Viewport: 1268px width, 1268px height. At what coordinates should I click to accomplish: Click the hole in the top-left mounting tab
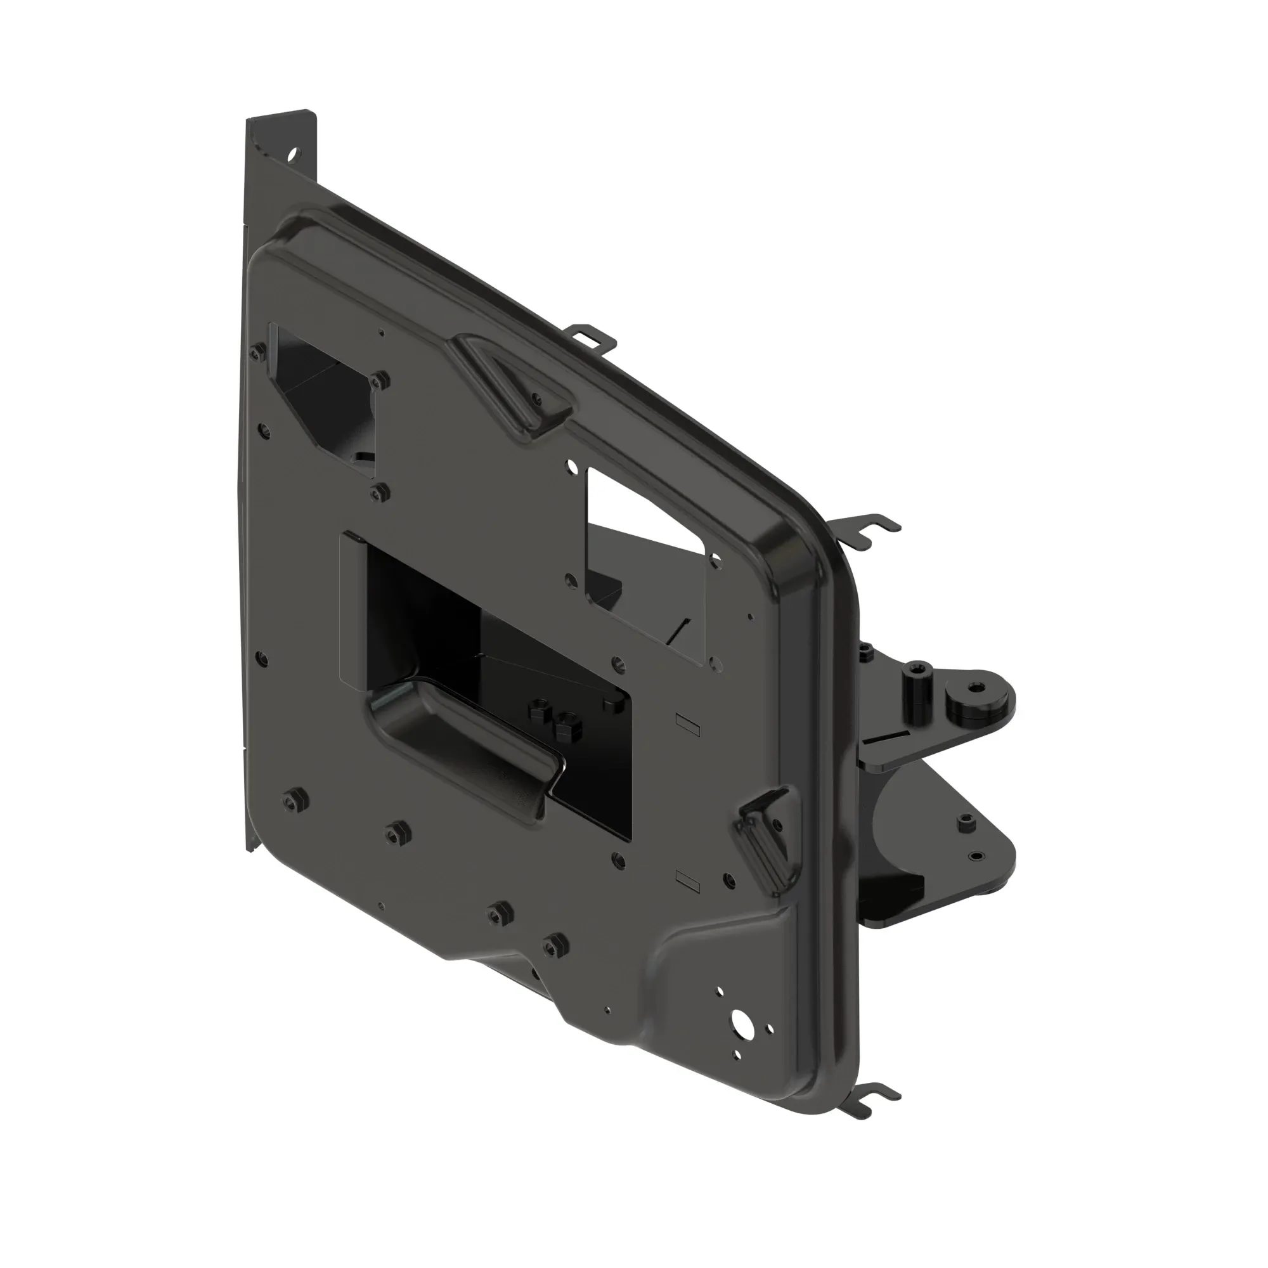coord(293,155)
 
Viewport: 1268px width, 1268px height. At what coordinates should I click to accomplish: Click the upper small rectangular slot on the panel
coord(689,723)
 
